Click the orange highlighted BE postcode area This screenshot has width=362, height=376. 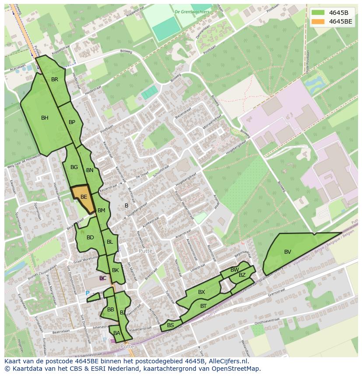83,197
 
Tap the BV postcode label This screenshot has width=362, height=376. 288,252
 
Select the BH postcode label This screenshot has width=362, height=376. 45,118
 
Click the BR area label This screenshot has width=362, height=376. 55,79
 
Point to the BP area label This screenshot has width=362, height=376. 72,122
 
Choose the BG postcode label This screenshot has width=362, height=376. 74,167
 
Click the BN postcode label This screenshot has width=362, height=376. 90,170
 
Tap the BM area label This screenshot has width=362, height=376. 101,210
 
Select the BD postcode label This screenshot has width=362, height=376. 90,238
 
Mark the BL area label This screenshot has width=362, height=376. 110,242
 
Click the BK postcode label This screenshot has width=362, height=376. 115,270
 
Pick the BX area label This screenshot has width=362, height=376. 202,292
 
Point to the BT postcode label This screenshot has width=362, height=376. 203,306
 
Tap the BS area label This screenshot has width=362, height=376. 171,325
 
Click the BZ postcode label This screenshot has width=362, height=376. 242,275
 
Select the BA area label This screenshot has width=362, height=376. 117,333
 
